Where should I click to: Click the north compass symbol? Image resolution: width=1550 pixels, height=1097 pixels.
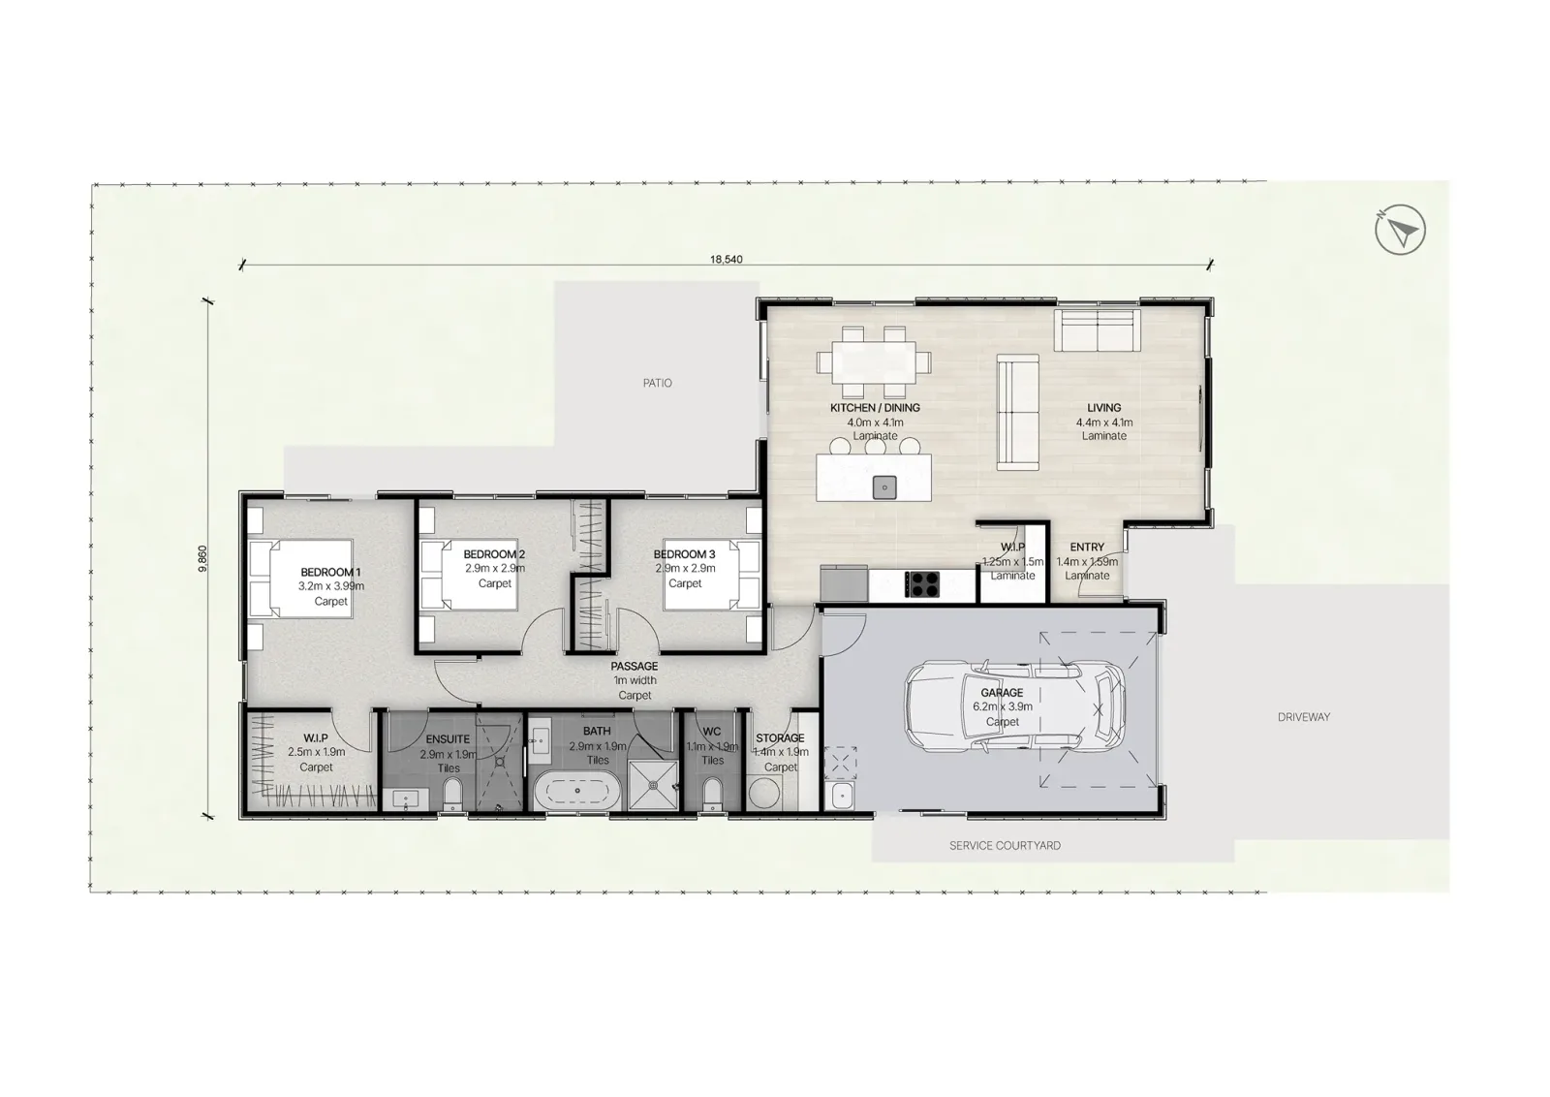(1400, 229)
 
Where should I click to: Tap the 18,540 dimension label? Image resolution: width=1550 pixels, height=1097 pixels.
(726, 260)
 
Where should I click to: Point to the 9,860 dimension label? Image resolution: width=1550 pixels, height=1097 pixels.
(202, 558)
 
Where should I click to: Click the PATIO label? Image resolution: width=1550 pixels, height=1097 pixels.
(657, 383)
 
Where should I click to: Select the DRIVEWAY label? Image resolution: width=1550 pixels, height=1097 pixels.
(1304, 717)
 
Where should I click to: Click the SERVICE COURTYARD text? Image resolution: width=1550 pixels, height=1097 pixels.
(1005, 845)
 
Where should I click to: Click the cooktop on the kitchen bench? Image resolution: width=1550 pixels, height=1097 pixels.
(922, 583)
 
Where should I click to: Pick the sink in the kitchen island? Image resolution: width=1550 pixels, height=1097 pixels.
(884, 487)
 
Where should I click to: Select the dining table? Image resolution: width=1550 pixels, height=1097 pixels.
(874, 361)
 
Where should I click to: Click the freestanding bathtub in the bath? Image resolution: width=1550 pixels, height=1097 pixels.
(576, 791)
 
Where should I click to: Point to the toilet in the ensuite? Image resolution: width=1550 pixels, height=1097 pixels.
(451, 794)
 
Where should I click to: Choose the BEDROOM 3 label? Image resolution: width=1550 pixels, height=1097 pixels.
(684, 554)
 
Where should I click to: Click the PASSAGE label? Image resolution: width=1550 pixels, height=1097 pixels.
(634, 666)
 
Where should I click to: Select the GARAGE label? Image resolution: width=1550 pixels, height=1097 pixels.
(1002, 692)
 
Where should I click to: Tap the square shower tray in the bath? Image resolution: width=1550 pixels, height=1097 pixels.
(653, 785)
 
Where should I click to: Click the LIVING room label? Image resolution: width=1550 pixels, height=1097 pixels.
(1103, 408)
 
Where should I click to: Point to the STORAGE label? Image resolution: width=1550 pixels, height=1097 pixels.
(780, 737)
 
